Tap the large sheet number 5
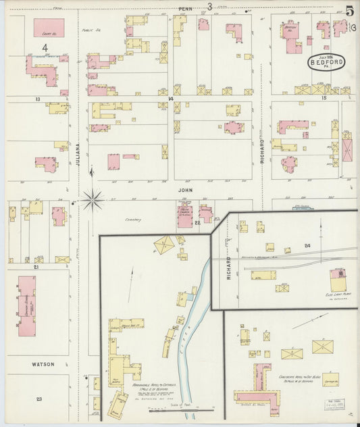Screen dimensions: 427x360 pos(349,10)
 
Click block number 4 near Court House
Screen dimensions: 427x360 pos(45,47)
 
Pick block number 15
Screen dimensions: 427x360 pos(324,99)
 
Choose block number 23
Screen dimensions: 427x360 pos(38,399)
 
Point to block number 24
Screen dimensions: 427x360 pos(307,246)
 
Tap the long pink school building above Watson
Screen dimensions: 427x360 pos(27,305)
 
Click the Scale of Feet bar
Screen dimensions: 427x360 pos(182,410)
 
